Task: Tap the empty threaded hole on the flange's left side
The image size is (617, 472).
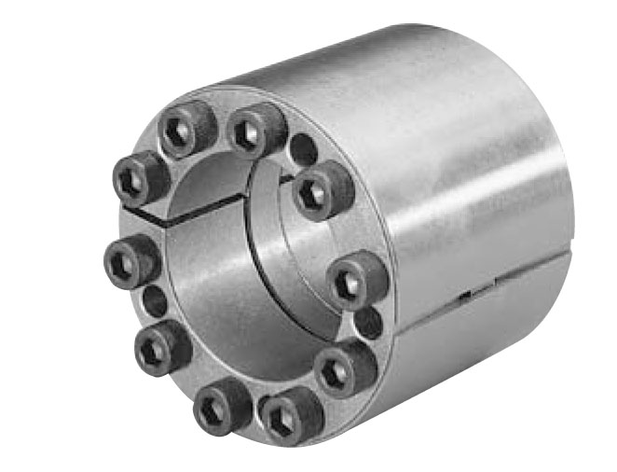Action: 156,302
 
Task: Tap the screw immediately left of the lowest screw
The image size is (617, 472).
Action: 222,404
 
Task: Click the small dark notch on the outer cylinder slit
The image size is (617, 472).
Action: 463,298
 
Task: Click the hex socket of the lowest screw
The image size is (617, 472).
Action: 280,423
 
